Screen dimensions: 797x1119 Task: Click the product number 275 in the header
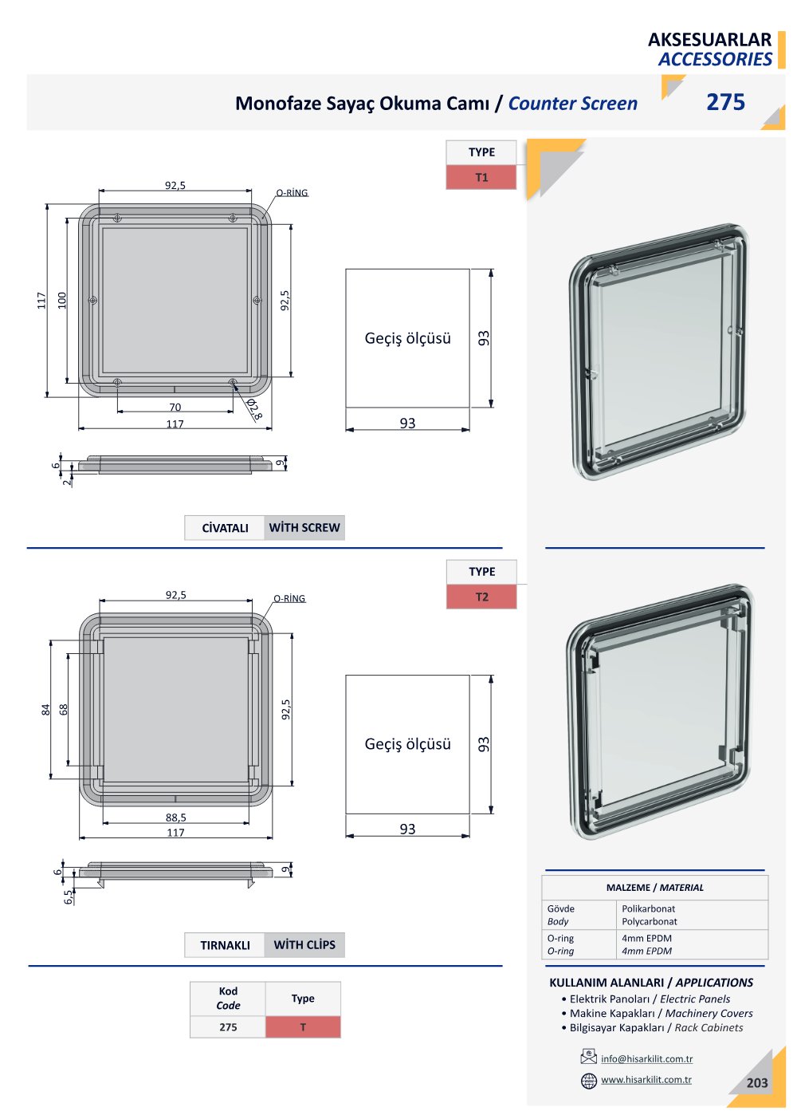pyautogui.click(x=725, y=102)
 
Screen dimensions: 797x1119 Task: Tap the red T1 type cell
pyautogui.click(x=481, y=177)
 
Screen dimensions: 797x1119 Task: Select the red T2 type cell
pyautogui.click(x=481, y=597)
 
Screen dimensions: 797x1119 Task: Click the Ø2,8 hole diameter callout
pyautogui.click(x=254, y=409)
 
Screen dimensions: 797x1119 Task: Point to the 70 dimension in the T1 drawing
pyautogui.click(x=175, y=407)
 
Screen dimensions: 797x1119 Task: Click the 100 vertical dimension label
pyautogui.click(x=62, y=300)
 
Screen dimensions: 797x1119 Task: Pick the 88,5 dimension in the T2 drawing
pyautogui.click(x=175, y=818)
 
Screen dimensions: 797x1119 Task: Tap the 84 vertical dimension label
pyautogui.click(x=46, y=709)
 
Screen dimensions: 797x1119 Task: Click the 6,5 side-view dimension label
pyautogui.click(x=69, y=896)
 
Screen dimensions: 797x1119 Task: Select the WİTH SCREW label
pyautogui.click(x=304, y=527)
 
